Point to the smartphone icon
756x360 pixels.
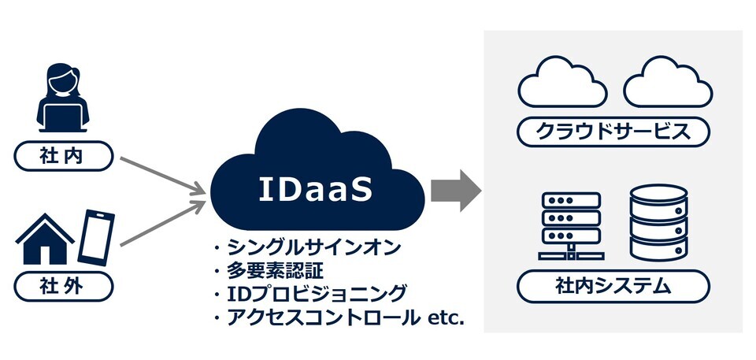point(95,236)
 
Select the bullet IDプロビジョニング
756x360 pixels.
point(315,295)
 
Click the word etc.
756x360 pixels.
point(445,318)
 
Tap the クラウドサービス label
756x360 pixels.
point(613,131)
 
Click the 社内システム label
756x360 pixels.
point(613,287)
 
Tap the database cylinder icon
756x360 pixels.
point(658,222)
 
